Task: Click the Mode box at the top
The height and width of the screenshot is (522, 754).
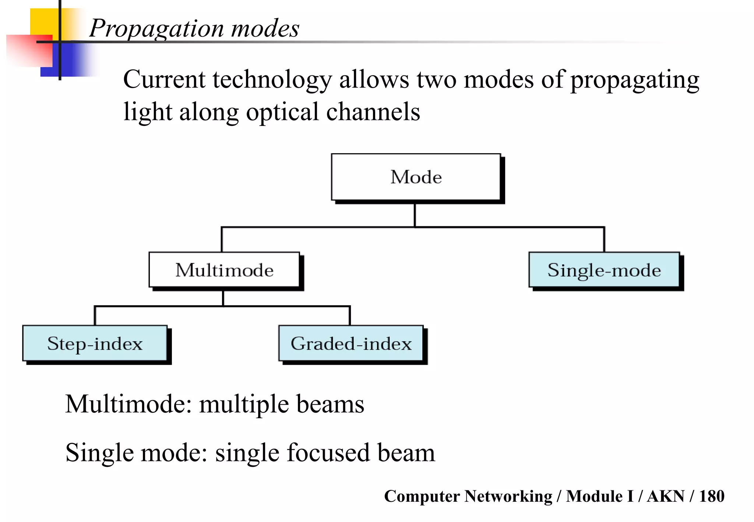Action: click(x=416, y=177)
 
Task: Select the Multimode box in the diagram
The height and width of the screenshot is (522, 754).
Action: click(x=224, y=270)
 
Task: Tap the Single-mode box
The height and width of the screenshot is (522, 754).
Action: click(x=604, y=270)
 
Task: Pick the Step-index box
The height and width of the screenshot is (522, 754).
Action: click(x=95, y=343)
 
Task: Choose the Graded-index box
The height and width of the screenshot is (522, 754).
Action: click(x=351, y=343)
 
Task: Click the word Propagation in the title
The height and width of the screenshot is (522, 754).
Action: click(x=156, y=28)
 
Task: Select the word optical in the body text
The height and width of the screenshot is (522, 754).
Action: click(x=282, y=112)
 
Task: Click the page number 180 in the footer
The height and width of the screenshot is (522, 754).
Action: click(x=711, y=496)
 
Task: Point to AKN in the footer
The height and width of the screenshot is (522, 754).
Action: click(x=666, y=496)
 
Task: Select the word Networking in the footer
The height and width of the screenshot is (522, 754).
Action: click(x=508, y=496)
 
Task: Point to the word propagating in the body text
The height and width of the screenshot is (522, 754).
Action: click(x=634, y=80)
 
